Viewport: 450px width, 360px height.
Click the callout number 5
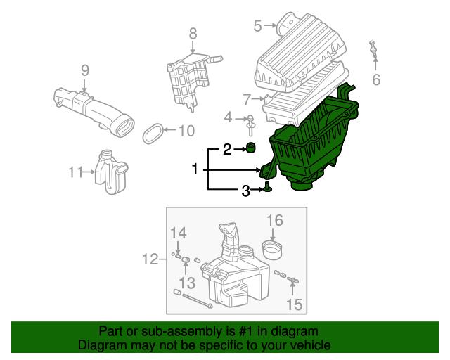[x=257, y=25]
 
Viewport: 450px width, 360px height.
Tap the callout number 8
[x=193, y=33]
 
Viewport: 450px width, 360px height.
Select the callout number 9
[x=85, y=70]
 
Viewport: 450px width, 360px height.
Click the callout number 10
[x=186, y=131]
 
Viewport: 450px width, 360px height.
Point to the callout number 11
[x=75, y=172]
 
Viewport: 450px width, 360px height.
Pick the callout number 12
[x=150, y=259]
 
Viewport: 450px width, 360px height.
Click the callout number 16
[x=275, y=220]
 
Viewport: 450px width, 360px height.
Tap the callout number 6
[x=376, y=79]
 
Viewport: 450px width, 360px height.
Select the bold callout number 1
[x=195, y=169]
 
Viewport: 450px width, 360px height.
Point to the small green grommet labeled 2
[x=251, y=148]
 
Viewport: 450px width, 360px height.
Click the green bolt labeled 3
[x=267, y=187]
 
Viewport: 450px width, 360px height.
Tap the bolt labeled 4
[x=251, y=125]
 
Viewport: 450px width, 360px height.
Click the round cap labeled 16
[x=272, y=250]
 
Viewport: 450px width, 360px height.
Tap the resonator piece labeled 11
[x=111, y=172]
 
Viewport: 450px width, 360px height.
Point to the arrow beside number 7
[x=258, y=99]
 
